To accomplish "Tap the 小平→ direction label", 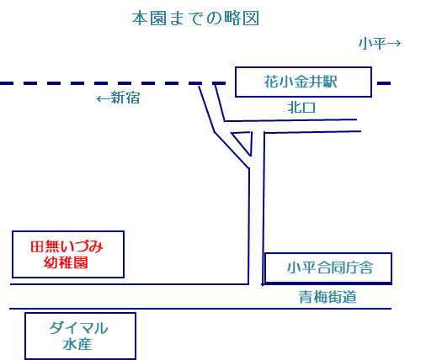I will (379, 44).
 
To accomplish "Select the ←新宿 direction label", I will (118, 98).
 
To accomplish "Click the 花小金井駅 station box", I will (303, 82).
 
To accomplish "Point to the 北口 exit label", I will (301, 108).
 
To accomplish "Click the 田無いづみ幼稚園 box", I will (67, 254).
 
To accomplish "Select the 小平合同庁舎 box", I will (328, 267).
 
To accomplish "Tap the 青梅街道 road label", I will (327, 297).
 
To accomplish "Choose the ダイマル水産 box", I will (80, 336).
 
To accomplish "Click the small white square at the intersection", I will (255, 283).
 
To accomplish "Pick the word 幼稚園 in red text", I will (67, 263).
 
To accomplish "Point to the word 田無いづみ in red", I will (67, 246).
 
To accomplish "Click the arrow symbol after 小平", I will (394, 44).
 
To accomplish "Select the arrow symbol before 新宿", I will (103, 98).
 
